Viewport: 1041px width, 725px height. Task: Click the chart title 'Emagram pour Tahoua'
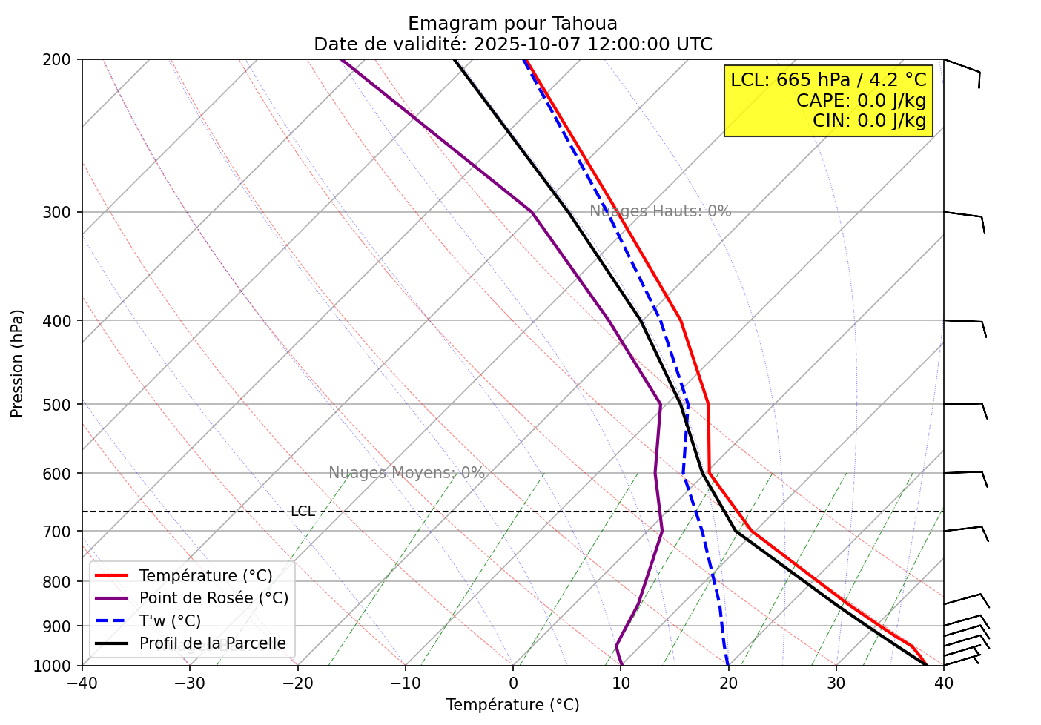(x=512, y=24)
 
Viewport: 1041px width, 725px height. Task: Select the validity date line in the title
(x=512, y=44)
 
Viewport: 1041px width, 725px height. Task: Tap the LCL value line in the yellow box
(x=827, y=80)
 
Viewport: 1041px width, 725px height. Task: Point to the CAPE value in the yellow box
(x=861, y=101)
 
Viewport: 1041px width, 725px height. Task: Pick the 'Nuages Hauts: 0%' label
(x=660, y=211)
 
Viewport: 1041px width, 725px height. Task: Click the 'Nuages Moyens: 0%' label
(x=406, y=473)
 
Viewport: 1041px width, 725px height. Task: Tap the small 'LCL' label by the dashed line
(x=303, y=512)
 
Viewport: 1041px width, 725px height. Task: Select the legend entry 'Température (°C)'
(x=205, y=576)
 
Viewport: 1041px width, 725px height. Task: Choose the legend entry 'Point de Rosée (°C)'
(x=214, y=598)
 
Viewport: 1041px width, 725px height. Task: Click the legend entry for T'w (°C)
(x=170, y=621)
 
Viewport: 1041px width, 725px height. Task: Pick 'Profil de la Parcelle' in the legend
(x=212, y=643)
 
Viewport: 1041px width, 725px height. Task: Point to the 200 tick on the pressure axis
(x=62, y=59)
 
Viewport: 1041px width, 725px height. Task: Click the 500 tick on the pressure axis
(x=62, y=405)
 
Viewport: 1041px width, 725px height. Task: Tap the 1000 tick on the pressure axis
(x=58, y=666)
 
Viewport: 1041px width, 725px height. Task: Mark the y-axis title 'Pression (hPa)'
(x=18, y=363)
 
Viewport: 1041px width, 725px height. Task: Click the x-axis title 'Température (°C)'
(x=512, y=705)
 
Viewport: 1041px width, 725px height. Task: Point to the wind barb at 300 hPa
(x=965, y=216)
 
